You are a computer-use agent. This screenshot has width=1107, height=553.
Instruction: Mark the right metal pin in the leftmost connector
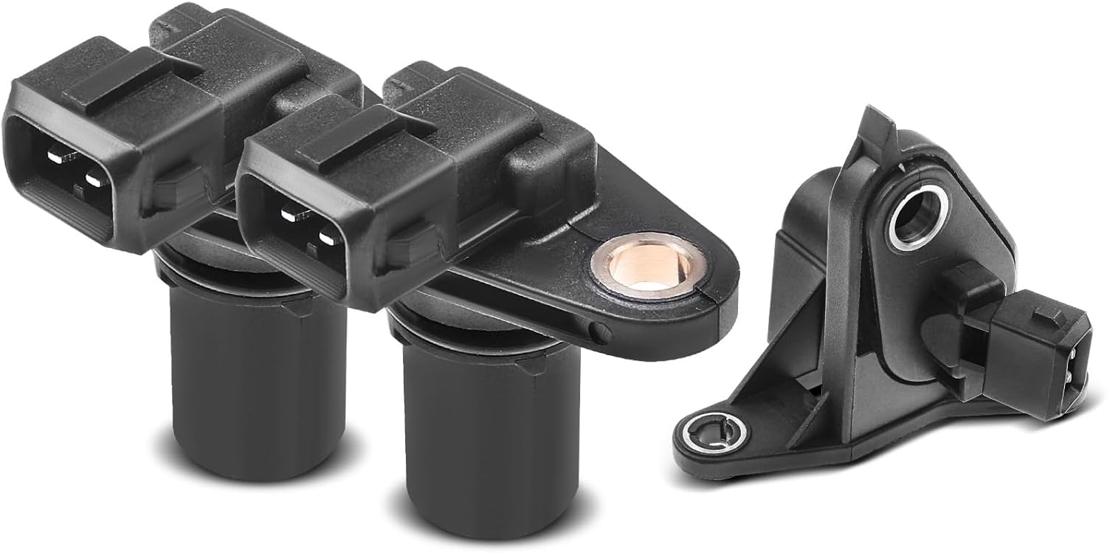coord(94,178)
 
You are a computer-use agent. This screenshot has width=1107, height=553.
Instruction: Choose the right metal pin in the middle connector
coord(325,237)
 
